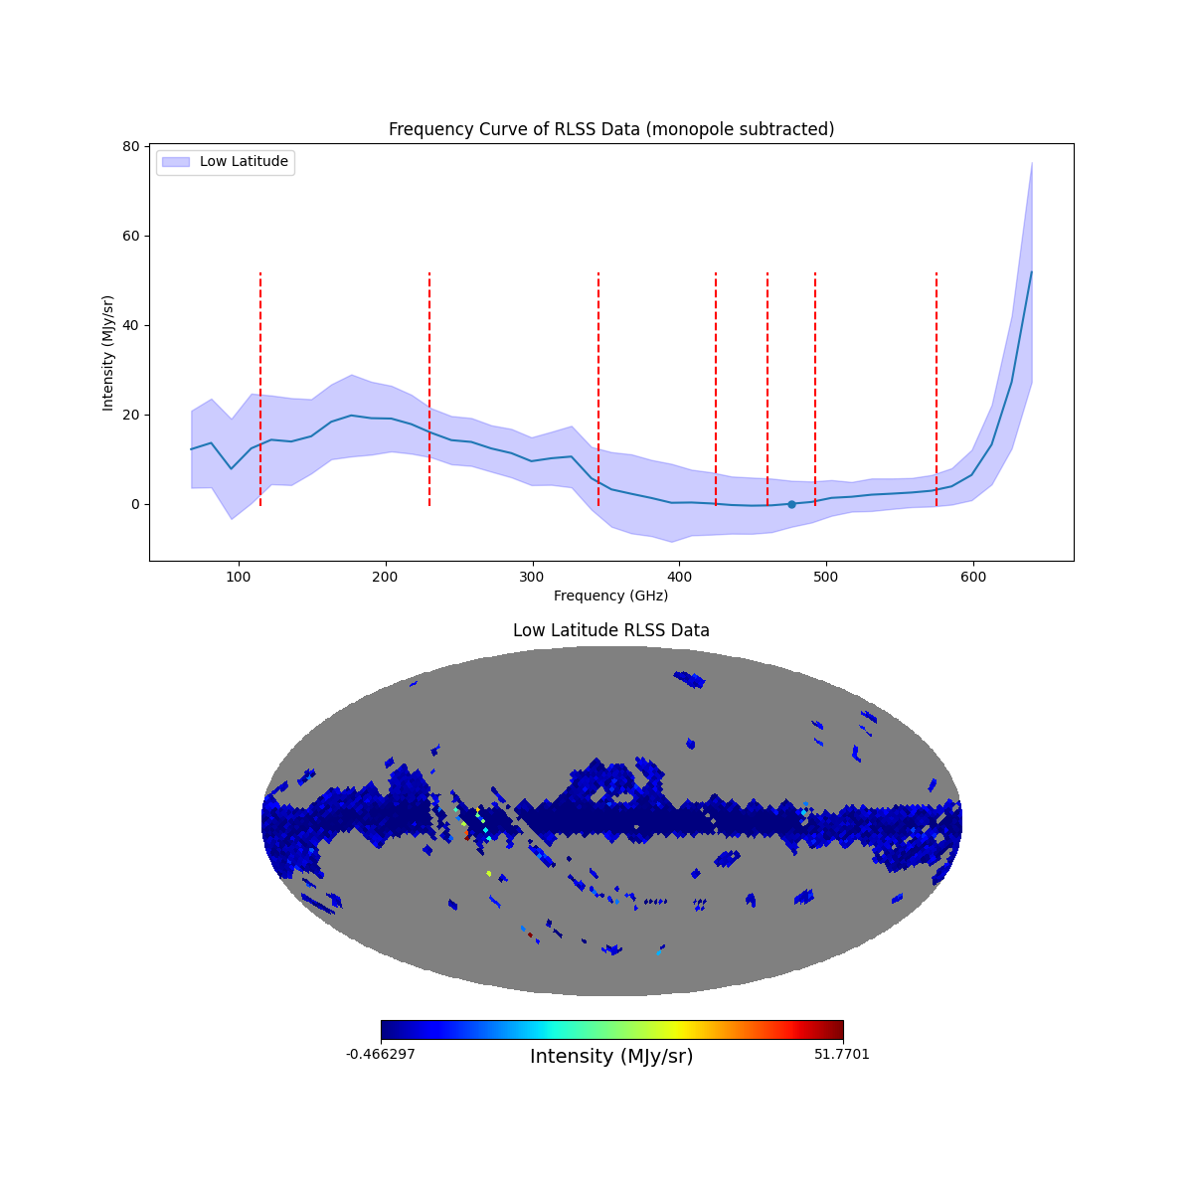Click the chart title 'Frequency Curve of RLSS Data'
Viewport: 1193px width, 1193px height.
610,129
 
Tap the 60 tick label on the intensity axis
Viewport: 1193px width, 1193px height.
129,236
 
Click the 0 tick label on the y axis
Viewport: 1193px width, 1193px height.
133,504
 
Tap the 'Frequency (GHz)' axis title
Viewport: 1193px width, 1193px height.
610,596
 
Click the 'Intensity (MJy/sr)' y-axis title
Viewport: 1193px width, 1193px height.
108,353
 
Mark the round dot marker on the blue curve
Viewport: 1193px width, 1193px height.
791,504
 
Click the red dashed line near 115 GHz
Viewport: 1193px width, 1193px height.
260,388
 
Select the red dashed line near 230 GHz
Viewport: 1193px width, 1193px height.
429,388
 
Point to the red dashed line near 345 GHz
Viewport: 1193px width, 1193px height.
598,388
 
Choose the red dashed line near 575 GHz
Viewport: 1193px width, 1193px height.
937,388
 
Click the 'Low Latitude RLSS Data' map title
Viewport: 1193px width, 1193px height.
610,630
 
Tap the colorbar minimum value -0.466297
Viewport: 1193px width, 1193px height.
381,1054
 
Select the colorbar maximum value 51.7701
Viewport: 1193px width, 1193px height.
841,1054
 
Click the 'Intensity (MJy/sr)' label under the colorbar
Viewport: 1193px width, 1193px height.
610,1057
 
